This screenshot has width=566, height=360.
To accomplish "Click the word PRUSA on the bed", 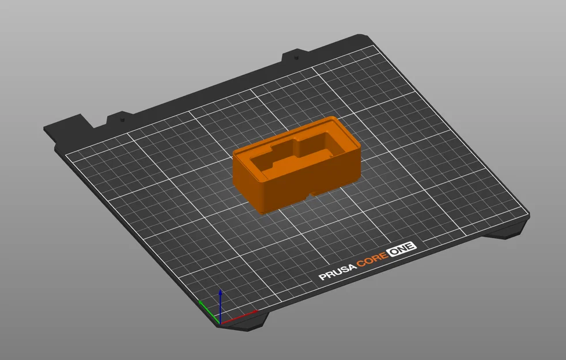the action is pyautogui.click(x=338, y=272).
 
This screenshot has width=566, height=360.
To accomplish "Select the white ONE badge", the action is pyautogui.click(x=401, y=249).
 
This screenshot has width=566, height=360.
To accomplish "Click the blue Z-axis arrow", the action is pyautogui.click(x=220, y=306).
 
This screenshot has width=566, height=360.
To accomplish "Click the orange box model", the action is pyautogui.click(x=297, y=165).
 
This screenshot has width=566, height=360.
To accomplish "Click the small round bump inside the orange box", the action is pyautogui.click(x=331, y=155).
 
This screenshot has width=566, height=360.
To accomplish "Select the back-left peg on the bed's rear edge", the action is pyautogui.click(x=122, y=119).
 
